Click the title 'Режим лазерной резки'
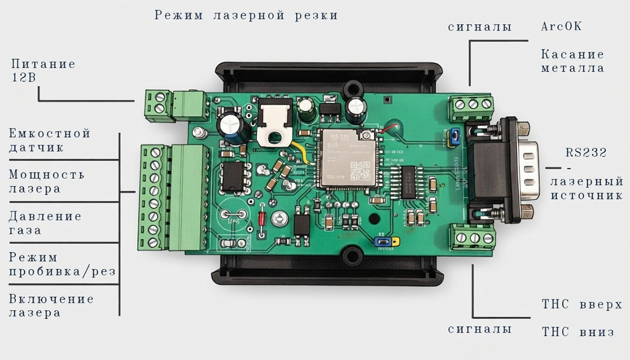point(246,15)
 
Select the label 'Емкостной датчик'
point(49,140)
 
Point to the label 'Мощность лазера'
point(46,182)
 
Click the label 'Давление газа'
point(45,223)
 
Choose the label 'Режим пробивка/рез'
point(62,264)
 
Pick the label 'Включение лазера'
point(51,305)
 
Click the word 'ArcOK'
point(561,27)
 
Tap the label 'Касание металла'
point(572,61)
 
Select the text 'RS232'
point(586,153)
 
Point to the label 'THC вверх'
point(582,305)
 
